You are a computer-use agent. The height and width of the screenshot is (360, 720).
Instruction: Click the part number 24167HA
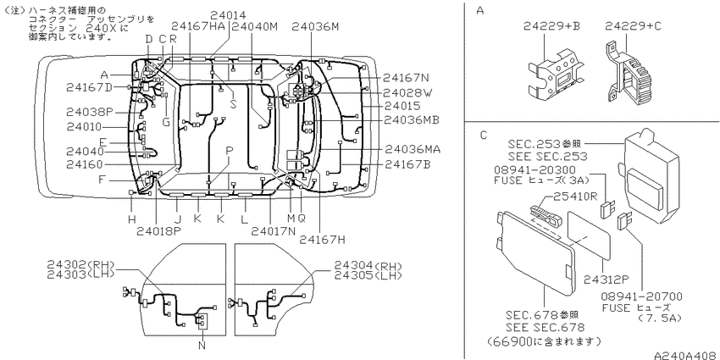coord(199,26)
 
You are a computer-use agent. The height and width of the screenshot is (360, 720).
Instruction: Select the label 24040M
coord(255,26)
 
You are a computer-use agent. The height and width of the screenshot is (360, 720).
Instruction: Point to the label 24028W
coord(407,92)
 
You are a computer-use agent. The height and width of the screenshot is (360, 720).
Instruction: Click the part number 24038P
coord(90,112)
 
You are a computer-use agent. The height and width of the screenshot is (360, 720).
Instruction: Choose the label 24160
coord(85,164)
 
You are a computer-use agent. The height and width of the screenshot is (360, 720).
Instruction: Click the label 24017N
coord(274,230)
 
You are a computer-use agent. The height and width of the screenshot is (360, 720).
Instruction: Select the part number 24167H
coord(322,240)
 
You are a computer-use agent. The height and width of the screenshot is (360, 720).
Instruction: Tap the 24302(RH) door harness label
coord(80,265)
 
